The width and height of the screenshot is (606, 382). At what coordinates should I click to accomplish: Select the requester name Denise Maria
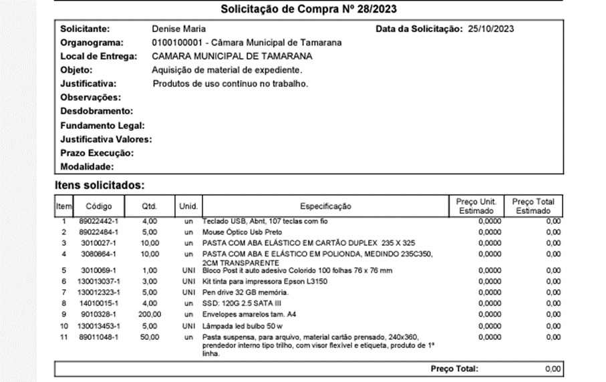[179, 29]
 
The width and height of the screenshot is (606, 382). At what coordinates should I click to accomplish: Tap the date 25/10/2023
[490, 29]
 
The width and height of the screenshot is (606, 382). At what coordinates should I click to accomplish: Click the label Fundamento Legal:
[102, 126]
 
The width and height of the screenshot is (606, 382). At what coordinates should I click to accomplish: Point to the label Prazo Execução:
[97, 154]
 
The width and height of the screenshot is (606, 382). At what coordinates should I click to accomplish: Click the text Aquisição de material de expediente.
[227, 70]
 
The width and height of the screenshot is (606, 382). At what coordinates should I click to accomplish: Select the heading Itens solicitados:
[100, 184]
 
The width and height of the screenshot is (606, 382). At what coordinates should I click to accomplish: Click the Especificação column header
[325, 206]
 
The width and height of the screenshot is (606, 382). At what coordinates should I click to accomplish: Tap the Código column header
[99, 206]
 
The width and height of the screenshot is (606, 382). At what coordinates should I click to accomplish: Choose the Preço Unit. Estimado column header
[476, 206]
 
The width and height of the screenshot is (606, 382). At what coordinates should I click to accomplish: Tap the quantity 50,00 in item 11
[149, 337]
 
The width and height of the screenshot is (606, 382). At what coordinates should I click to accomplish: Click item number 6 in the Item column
[64, 282]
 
